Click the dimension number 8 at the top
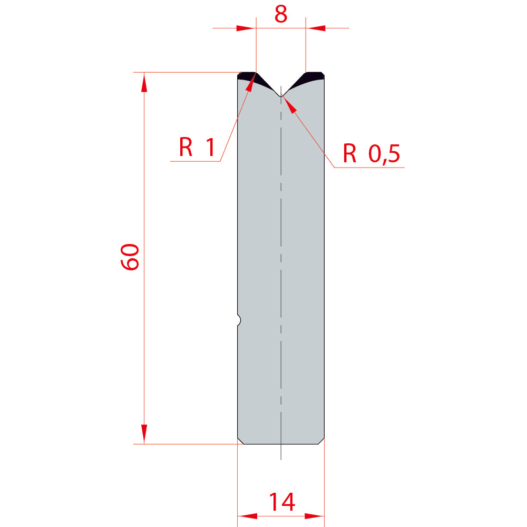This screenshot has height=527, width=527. pyautogui.click(x=281, y=14)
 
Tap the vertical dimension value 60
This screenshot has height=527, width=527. pyautogui.click(x=130, y=257)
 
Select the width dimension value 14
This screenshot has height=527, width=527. pyautogui.click(x=282, y=502)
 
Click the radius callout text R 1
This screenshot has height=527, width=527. pyautogui.click(x=197, y=147)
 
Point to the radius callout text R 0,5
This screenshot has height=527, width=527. pyautogui.click(x=372, y=153)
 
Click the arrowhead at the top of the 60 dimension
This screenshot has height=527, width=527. pyautogui.click(x=144, y=82)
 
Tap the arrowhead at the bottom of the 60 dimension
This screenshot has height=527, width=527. pyautogui.click(x=144, y=434)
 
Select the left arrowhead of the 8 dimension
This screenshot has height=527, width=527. pyautogui.click(x=246, y=28)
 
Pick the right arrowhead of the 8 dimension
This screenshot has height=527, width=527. pyautogui.click(x=316, y=28)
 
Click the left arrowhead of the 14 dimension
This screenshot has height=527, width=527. pyautogui.click(x=247, y=516)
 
